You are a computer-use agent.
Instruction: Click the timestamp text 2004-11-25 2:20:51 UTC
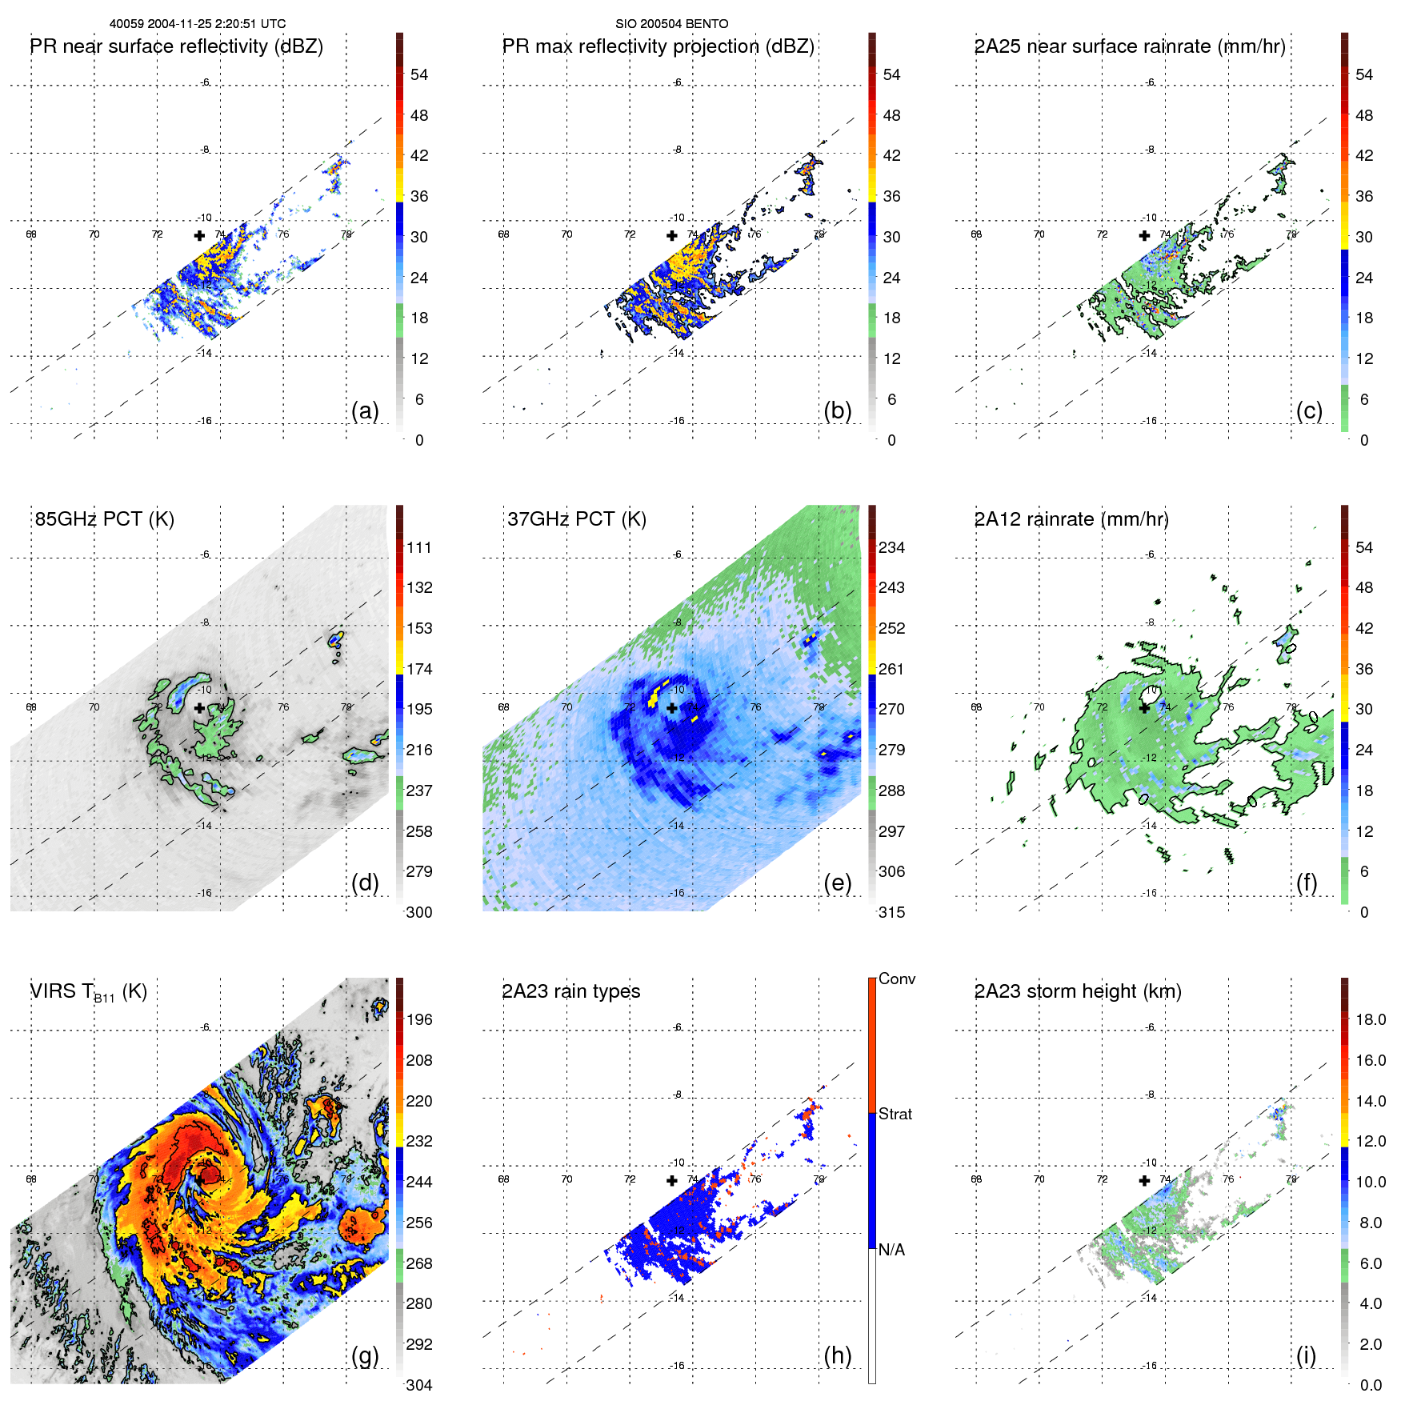pyautogui.click(x=216, y=24)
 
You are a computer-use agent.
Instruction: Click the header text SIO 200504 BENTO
pyautogui.click(x=671, y=24)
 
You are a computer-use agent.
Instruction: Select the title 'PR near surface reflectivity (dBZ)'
pyautogui.click(x=176, y=46)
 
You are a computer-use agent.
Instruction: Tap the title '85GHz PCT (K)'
pyautogui.click(x=104, y=519)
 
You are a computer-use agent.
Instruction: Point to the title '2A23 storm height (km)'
pyautogui.click(x=1077, y=991)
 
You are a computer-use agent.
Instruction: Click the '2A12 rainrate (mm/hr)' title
pyautogui.click(x=1071, y=519)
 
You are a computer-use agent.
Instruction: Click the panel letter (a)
pyautogui.click(x=365, y=410)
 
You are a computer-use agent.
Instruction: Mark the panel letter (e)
pyautogui.click(x=837, y=883)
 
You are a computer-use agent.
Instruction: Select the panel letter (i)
pyautogui.click(x=1306, y=1355)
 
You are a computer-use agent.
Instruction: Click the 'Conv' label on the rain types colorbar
pyautogui.click(x=896, y=979)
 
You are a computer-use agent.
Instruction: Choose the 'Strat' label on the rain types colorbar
pyautogui.click(x=895, y=1114)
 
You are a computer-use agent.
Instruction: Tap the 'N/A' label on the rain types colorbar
pyautogui.click(x=892, y=1250)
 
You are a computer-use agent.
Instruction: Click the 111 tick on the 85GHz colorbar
pyautogui.click(x=419, y=547)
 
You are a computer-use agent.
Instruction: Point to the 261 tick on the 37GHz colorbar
pyautogui.click(x=891, y=669)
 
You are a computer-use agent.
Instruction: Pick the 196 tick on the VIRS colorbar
pyautogui.click(x=419, y=1019)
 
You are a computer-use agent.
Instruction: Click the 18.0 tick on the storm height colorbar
pyautogui.click(x=1370, y=1019)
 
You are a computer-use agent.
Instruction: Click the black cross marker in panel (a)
pyautogui.click(x=199, y=235)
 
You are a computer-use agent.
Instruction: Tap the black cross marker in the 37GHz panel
pyautogui.click(x=672, y=708)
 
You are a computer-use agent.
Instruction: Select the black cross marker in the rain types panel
pyautogui.click(x=672, y=1180)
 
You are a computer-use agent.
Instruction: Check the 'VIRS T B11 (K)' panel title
pyautogui.click(x=88, y=992)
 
